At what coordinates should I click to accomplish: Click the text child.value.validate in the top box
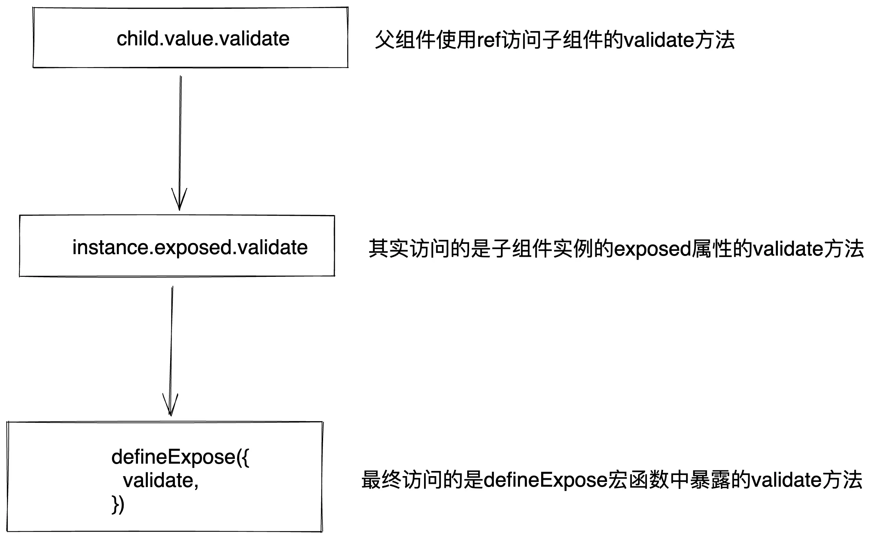pos(203,39)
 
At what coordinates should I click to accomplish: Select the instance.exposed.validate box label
pos(190,248)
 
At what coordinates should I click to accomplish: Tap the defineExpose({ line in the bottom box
pos(180,457)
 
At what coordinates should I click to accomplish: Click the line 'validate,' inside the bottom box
pos(161,480)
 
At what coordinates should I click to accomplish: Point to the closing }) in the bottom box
pos(118,505)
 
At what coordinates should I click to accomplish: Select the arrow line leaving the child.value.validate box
pos(180,132)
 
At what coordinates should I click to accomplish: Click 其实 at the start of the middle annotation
pos(389,249)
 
